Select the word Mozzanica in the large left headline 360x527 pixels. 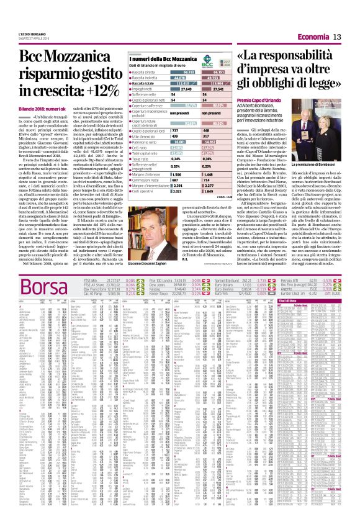pos(60,57)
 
